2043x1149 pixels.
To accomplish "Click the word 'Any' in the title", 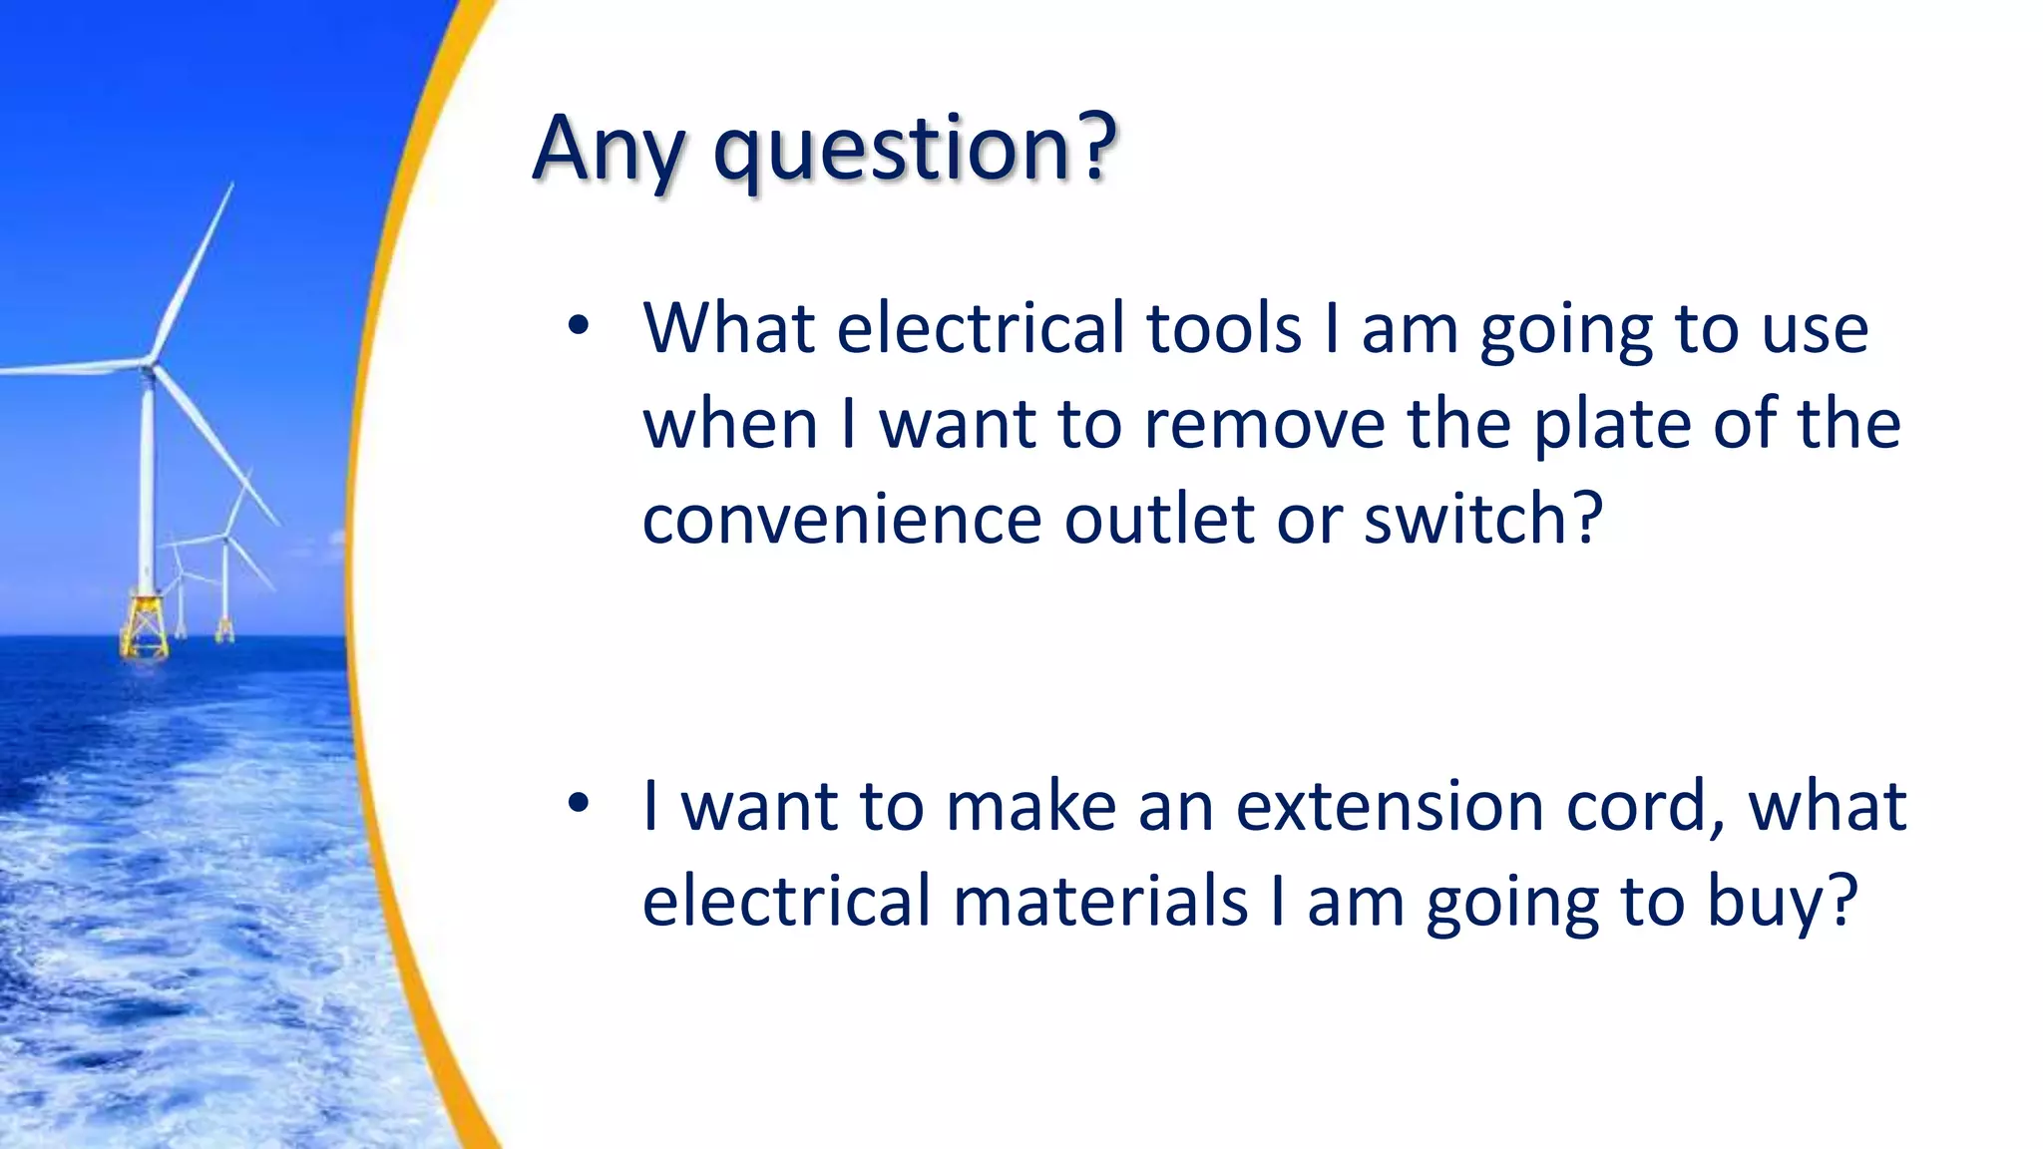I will (608, 150).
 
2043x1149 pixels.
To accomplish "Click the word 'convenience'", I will (841, 520).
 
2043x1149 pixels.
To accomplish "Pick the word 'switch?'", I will (1482, 520).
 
